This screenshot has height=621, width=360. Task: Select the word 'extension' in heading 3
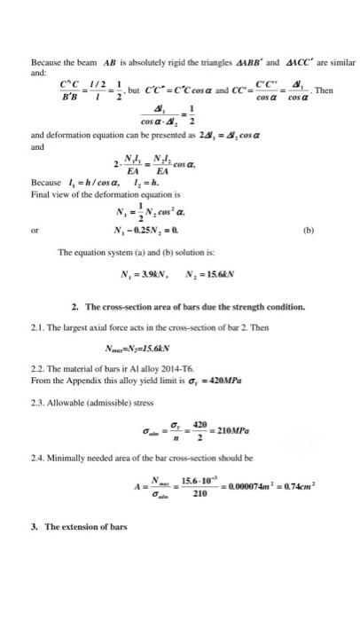coord(86,551)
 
